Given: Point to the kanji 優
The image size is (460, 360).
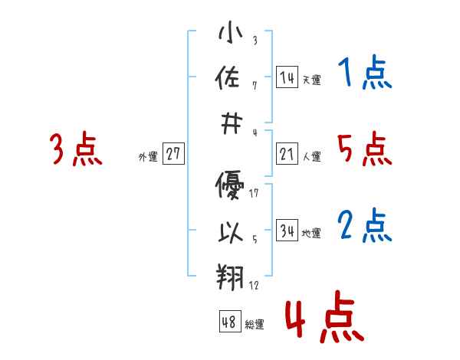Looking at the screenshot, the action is [230, 186].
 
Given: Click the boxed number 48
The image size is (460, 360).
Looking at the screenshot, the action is [229, 322].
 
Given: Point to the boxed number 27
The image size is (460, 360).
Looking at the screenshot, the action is [173, 155].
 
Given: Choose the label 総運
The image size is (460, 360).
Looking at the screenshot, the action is [254, 324].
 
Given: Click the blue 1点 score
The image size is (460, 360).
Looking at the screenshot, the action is [365, 74].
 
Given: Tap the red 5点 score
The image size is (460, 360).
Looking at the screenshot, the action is [365, 149].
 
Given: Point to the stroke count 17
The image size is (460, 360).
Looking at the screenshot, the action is [254, 192].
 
